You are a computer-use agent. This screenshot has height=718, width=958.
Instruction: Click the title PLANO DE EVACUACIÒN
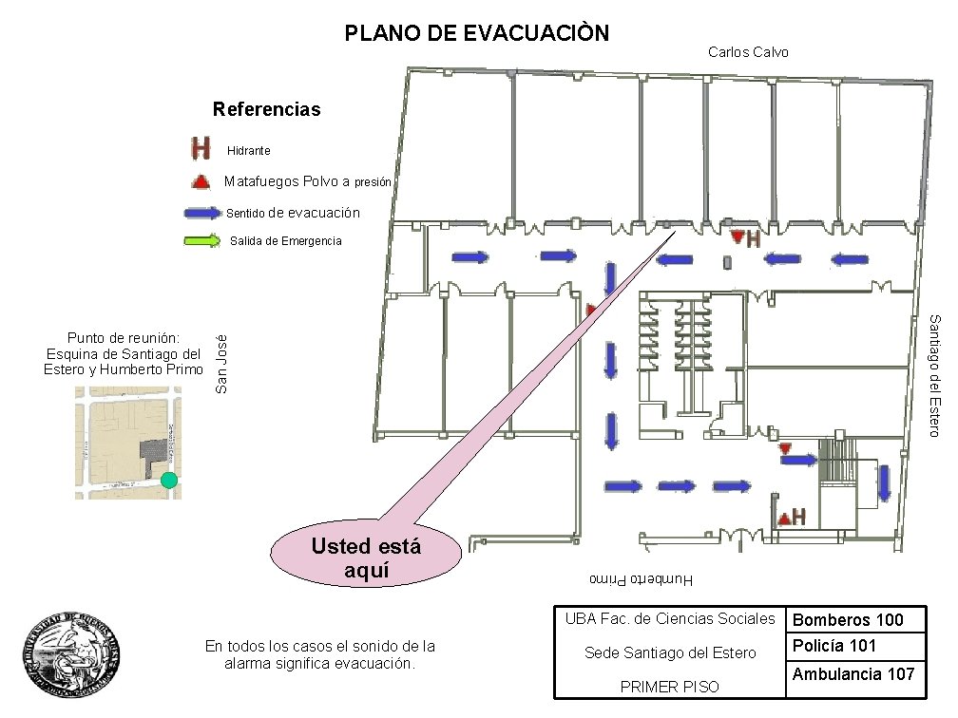pyautogui.click(x=476, y=34)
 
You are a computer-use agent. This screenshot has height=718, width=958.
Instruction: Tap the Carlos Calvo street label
pyautogui.click(x=748, y=52)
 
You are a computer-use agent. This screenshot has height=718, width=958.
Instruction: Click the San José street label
pyautogui.click(x=221, y=363)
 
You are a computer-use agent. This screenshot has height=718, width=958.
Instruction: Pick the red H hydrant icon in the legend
pyautogui.click(x=201, y=149)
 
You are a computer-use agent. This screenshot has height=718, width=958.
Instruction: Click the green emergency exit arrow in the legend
pyautogui.click(x=201, y=240)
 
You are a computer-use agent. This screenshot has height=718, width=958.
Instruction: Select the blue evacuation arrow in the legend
pyautogui.click(x=201, y=213)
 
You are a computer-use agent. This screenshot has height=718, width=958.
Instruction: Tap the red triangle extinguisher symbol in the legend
pyautogui.click(x=201, y=181)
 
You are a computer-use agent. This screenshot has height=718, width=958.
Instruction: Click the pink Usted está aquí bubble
pyautogui.click(x=366, y=556)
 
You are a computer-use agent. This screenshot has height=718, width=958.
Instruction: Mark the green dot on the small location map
pyautogui.click(x=169, y=480)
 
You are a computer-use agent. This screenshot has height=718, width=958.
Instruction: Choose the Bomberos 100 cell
pyautogui.click(x=848, y=620)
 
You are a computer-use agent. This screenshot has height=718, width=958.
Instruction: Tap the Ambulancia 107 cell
pyautogui.click(x=853, y=673)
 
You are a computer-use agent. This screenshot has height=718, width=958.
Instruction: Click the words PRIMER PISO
pyautogui.click(x=669, y=687)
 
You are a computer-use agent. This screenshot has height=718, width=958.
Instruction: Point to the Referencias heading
pyautogui.click(x=267, y=109)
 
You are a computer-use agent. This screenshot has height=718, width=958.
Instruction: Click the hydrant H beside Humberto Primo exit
pyautogui.click(x=798, y=517)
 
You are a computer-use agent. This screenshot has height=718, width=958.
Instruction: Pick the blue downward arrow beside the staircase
pyautogui.click(x=884, y=482)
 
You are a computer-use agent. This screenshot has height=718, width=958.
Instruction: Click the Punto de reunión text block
pyautogui.click(x=124, y=353)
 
